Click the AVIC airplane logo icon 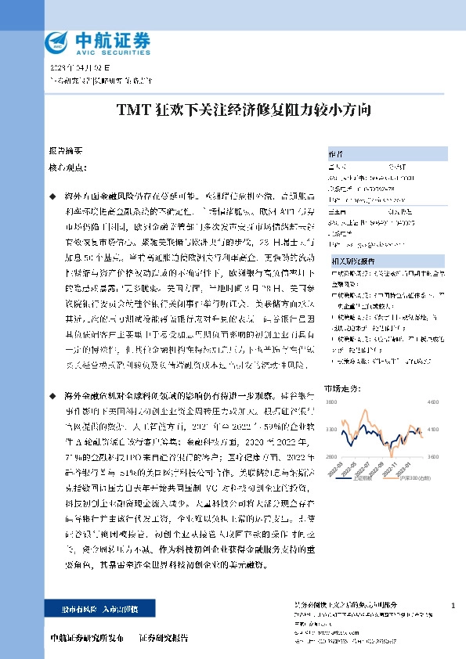tap(56, 40)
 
